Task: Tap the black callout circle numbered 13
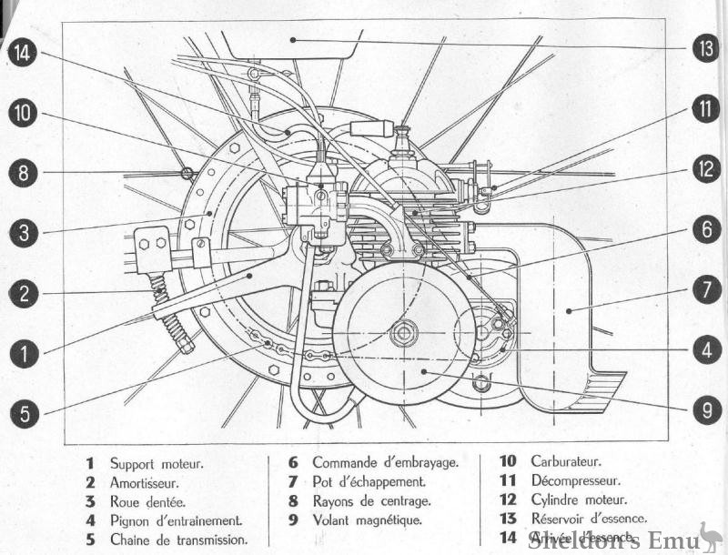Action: click(x=704, y=47)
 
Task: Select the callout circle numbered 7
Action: click(x=704, y=290)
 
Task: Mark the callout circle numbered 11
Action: click(x=704, y=109)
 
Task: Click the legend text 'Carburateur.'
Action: click(x=565, y=462)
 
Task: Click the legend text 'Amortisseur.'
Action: click(x=144, y=481)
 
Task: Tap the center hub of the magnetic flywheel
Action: click(x=403, y=334)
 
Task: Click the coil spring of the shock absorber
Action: click(x=171, y=315)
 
